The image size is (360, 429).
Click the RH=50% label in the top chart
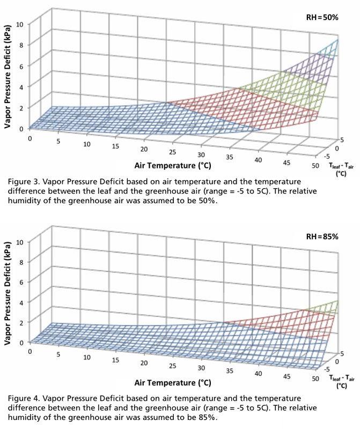pos(323,17)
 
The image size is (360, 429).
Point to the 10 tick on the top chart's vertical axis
pos(20,24)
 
